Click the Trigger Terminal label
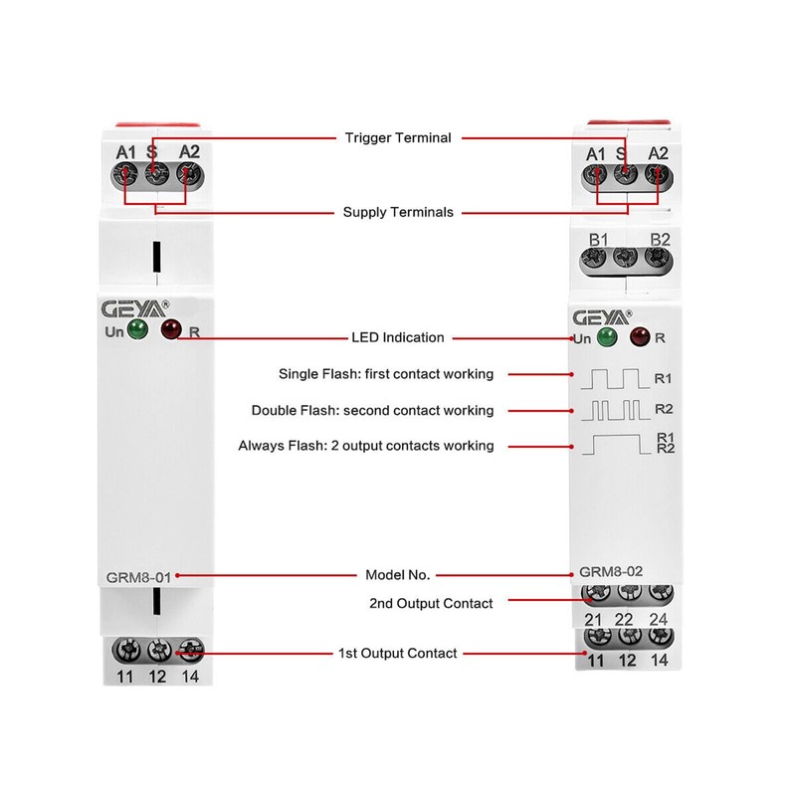pos(397,137)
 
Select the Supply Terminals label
pos(397,212)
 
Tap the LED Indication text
pos(397,337)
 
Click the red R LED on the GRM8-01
pos(171,329)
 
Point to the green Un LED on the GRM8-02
pos(607,337)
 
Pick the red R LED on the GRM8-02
pos(638,337)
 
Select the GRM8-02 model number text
pos(612,573)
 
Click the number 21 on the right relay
pos(594,620)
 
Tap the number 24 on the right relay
pos(657,620)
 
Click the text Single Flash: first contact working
pos(386,374)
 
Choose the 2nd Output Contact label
pos(431,602)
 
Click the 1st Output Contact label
pos(397,653)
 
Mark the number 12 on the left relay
pos(156,678)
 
